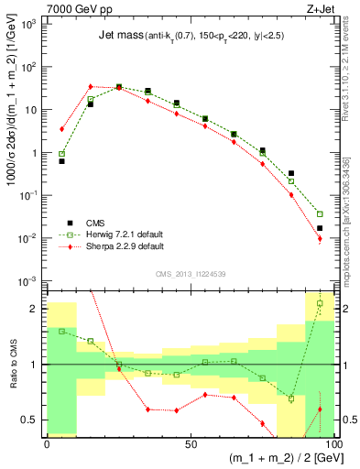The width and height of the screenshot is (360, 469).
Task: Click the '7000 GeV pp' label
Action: coord(74,8)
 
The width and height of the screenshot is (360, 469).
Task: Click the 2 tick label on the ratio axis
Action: coord(35,309)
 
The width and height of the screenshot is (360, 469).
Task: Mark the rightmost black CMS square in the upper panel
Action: coord(320,228)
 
